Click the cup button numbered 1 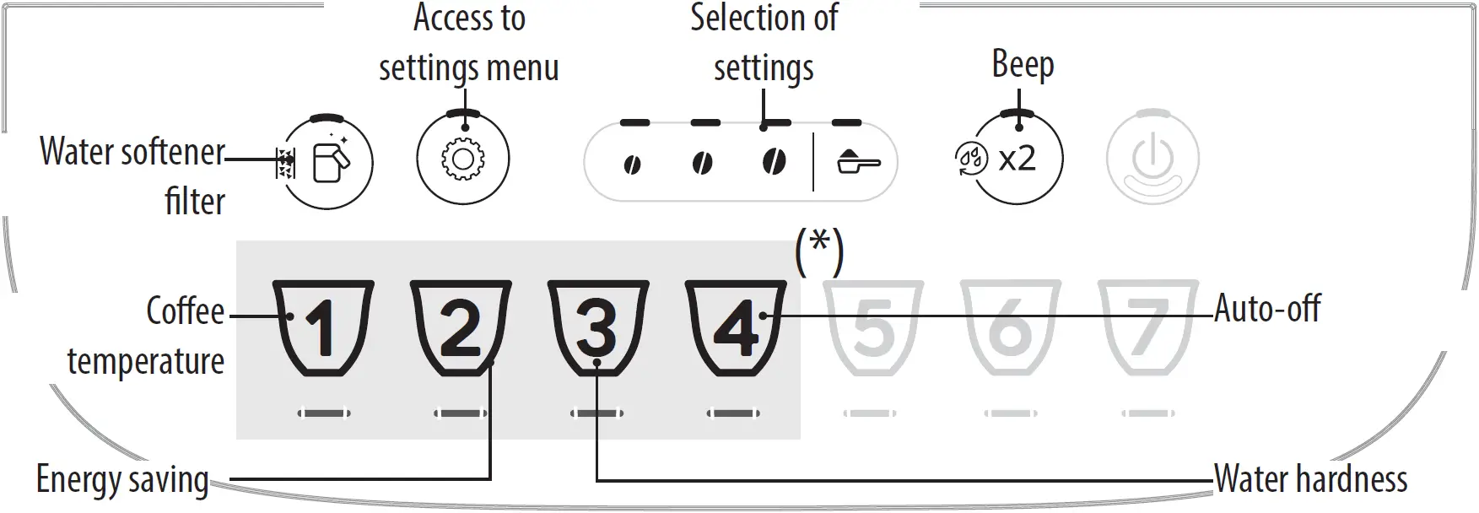click(x=324, y=328)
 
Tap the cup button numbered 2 click(x=461, y=328)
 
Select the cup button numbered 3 click(x=597, y=328)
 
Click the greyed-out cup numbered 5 click(x=873, y=328)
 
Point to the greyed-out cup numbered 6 click(x=1010, y=328)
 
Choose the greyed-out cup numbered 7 click(x=1147, y=328)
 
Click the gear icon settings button click(x=462, y=159)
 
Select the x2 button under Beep click(x=1017, y=159)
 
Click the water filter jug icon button click(x=327, y=161)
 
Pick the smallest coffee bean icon click(x=631, y=165)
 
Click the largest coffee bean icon click(x=774, y=161)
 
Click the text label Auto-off click(x=1267, y=309)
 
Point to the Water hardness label click(x=1310, y=479)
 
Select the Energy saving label click(x=122, y=480)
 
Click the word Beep click(x=1023, y=64)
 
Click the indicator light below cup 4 click(x=733, y=413)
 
